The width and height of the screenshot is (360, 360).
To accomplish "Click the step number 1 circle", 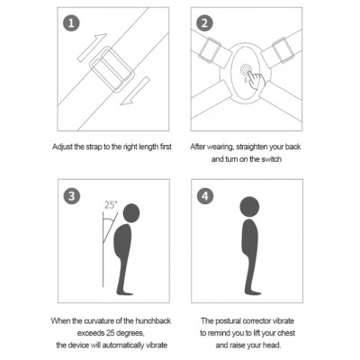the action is coord(71,22).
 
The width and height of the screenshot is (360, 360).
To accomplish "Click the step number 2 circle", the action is coord(204,22).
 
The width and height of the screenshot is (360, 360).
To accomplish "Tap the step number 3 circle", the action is coord(72,196).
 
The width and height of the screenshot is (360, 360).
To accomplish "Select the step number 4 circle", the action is coord(205,196).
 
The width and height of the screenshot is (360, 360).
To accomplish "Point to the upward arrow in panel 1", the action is coord(92,48).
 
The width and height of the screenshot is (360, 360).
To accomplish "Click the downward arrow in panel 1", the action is coord(135,91).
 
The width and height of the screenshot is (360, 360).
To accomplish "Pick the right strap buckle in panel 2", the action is coord(283,50).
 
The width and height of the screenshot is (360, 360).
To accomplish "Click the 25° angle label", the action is coord(111,205).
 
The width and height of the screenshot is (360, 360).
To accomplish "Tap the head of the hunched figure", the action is coord(131,213).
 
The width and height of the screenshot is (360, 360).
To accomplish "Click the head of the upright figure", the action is coord(249,207).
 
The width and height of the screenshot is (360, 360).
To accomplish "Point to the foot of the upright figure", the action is coord(253,292).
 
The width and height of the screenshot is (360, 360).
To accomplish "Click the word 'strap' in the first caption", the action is coord(94,148).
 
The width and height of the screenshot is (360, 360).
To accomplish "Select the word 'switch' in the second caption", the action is coord(271,159).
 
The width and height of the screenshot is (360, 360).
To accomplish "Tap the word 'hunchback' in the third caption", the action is coord(153,321).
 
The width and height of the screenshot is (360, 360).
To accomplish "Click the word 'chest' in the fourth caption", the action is coord(286,333).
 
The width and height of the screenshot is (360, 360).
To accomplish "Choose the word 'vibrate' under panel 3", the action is coord(157,345).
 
